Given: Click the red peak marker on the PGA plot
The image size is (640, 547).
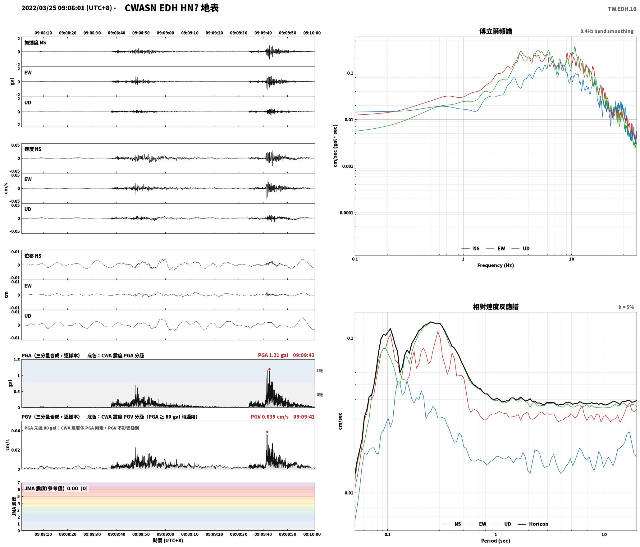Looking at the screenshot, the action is coord(269,369).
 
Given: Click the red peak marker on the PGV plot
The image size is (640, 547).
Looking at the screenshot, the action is coord(267,432).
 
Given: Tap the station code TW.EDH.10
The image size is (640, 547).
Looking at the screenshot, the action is coord(622,9).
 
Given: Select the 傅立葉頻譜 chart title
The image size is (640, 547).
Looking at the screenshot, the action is coord(496,31).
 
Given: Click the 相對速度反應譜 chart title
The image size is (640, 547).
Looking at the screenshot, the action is coord(496,307).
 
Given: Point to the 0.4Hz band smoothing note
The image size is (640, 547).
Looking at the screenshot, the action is coord(607,31).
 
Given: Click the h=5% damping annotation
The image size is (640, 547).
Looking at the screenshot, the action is coord(626,307).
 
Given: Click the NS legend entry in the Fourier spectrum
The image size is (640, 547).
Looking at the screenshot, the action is coord(471,248).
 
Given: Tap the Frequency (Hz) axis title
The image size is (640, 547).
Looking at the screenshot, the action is coord(496,265).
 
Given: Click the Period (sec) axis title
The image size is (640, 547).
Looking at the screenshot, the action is coord(496,540).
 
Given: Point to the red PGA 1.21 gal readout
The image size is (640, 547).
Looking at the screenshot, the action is coord(273,355).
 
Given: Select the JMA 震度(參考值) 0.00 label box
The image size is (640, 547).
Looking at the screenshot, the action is coord(56,488).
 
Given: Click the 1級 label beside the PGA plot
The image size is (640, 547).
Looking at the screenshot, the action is coord(320,370).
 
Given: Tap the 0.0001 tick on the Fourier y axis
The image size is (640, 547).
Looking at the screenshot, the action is coord(346,213).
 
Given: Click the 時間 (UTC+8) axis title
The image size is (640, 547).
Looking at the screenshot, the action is coord(168,540).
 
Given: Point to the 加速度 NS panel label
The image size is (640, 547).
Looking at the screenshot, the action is coord(35,43).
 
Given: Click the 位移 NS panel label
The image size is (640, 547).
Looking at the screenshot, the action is coord(33,256).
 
